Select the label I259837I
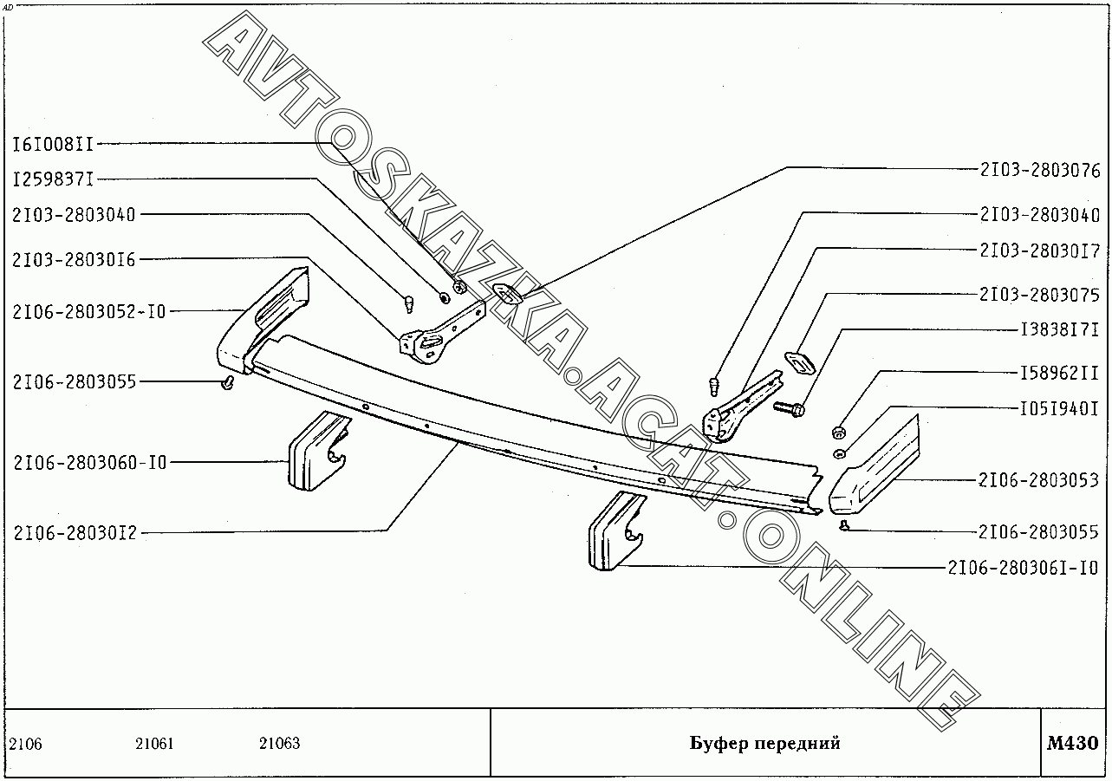52,179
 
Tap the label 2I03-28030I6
74,259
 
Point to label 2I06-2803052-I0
88,311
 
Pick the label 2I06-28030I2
75,534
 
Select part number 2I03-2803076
1040,170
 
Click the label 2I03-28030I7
1040,251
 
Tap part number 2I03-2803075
1040,295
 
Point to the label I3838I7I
1058,329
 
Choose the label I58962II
1058,374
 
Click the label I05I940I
1058,409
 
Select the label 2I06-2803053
1039,480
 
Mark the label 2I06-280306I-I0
1023,569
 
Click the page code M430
1072,743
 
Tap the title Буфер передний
764,743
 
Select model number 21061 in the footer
154,744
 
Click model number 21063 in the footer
279,744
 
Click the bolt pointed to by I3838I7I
788,406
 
